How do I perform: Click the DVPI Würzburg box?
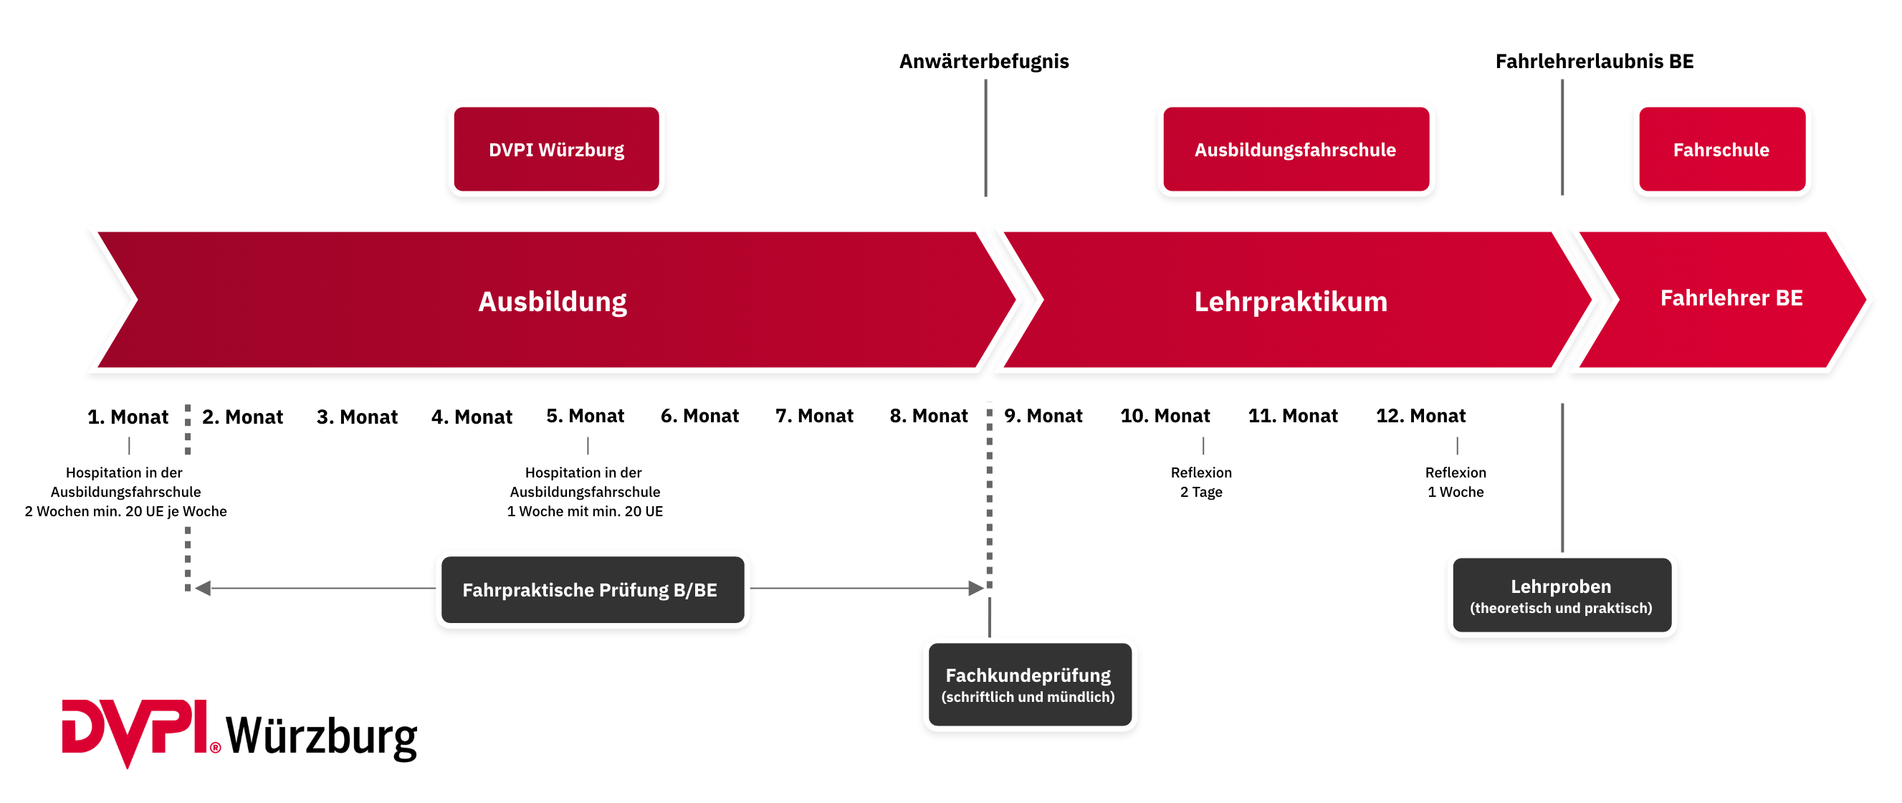click(556, 149)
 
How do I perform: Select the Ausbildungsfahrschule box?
click(1295, 149)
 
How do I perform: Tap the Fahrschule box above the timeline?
click(1721, 149)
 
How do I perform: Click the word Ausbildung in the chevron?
click(553, 301)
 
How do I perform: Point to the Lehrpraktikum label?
click(1291, 301)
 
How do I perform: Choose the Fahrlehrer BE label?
click(1731, 298)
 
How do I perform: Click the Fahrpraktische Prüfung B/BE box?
click(592, 589)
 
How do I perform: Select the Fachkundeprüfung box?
click(1029, 684)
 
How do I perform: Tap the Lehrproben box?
click(1561, 594)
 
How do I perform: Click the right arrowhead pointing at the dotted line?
click(976, 588)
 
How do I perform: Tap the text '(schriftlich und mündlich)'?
click(1028, 697)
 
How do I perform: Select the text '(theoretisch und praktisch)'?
click(1561, 608)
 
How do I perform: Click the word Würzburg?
click(581, 150)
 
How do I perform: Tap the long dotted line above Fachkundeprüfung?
click(990, 495)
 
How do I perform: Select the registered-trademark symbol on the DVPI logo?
click(215, 748)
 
